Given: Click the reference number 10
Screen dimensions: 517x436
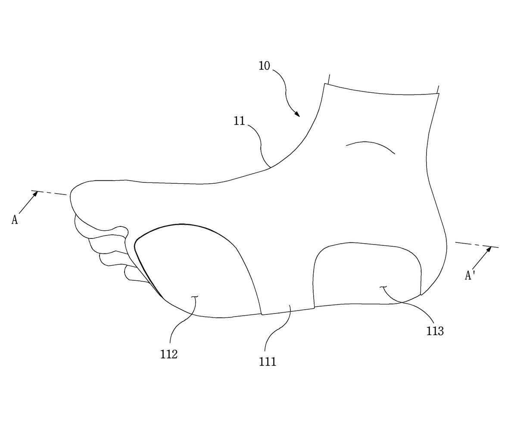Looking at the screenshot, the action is (x=264, y=66).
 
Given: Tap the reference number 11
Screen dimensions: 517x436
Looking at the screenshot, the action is (x=239, y=121).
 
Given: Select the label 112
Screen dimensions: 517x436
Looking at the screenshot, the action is (x=169, y=354).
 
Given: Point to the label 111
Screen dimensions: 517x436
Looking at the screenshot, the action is (x=268, y=362).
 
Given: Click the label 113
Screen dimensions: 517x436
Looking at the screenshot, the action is (x=435, y=331).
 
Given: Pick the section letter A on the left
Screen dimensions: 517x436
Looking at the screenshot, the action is (x=15, y=220).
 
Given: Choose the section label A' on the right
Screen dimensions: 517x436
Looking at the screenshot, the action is (x=469, y=276).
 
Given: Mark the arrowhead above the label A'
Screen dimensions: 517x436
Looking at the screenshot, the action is (x=489, y=249).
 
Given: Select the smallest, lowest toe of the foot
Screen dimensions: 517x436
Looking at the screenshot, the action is (x=136, y=275).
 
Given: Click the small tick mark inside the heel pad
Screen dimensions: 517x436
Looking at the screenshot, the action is (x=383, y=287).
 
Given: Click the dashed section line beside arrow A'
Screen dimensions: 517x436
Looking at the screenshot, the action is (x=477, y=245).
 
